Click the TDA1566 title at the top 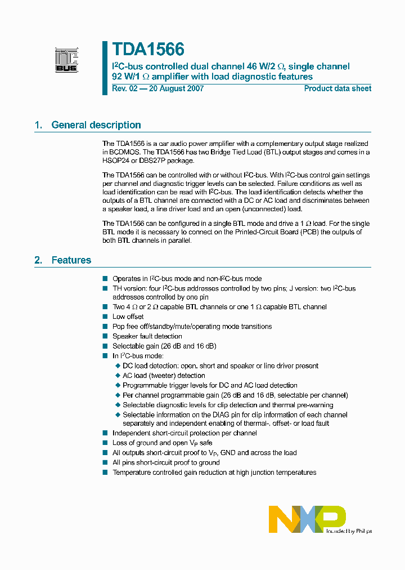[x=148, y=50]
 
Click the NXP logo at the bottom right [x=307, y=518]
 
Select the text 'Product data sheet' [x=337, y=88]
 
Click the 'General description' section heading [x=96, y=125]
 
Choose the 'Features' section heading [x=71, y=260]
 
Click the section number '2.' [x=38, y=260]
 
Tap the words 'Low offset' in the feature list [x=128, y=317]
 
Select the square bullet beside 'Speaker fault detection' [x=105, y=336]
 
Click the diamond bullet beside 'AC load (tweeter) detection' [x=118, y=376]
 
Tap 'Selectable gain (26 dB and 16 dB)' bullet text [x=164, y=346]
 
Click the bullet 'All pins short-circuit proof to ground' [x=166, y=462]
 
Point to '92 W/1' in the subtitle [x=126, y=77]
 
